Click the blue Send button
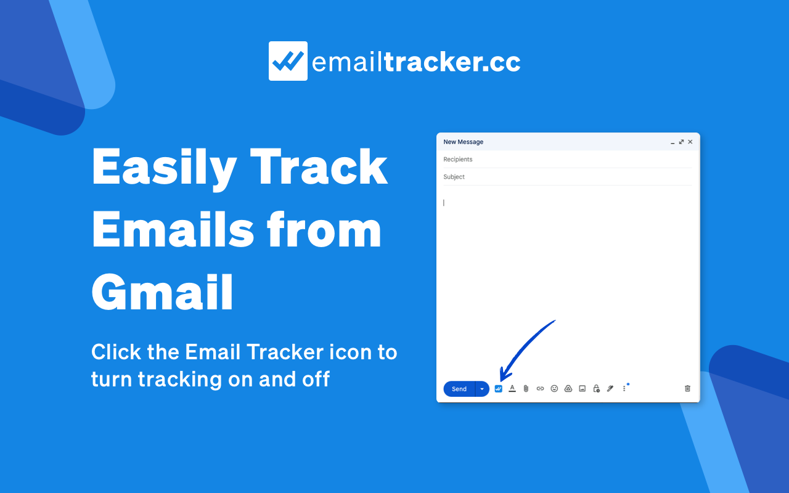459,389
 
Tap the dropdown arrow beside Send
482,389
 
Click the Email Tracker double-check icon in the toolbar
499,389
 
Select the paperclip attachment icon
526,389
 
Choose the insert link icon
540,389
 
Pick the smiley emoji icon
554,389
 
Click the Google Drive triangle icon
568,389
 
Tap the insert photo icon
583,389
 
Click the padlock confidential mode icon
596,389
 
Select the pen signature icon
610,389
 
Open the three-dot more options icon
624,389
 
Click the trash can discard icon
687,389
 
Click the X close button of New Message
690,142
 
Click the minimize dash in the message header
672,142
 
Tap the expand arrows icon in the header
681,142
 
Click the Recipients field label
458,160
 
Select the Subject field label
454,177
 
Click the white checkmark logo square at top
288,61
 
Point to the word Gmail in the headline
163,293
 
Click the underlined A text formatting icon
512,389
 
